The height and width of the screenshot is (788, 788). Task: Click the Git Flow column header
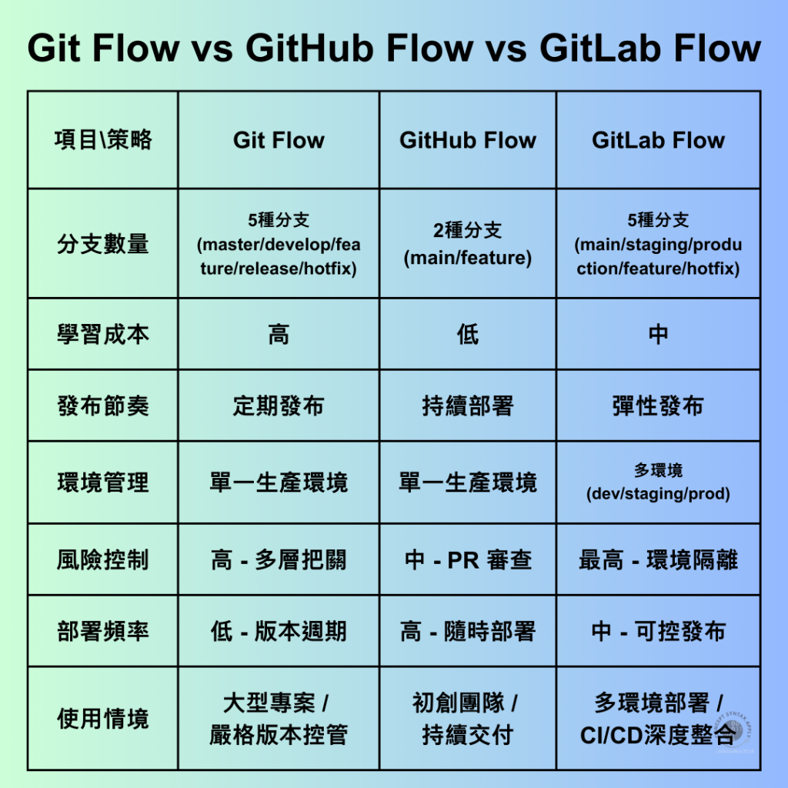tap(279, 140)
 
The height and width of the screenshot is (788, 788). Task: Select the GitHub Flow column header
tap(468, 140)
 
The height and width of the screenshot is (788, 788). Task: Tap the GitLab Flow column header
tap(658, 140)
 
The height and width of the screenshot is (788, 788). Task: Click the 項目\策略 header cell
tap(103, 140)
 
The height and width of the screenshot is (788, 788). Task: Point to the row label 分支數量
tap(103, 244)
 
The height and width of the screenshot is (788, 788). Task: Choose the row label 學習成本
tap(103, 334)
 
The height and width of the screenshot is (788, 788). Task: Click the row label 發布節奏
tap(103, 406)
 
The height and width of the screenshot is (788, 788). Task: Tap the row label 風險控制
tap(103, 559)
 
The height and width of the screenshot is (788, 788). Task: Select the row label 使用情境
tap(103, 719)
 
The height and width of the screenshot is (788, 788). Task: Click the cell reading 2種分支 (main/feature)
tap(468, 244)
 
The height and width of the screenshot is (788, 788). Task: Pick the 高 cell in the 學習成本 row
tap(279, 334)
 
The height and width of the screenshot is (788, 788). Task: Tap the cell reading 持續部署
tap(468, 406)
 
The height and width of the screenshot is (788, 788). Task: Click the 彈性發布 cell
tap(658, 406)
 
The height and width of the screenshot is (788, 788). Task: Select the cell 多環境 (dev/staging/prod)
tap(658, 482)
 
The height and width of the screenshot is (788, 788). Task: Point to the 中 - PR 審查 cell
tap(468, 559)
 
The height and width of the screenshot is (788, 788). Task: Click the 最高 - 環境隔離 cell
tap(658, 559)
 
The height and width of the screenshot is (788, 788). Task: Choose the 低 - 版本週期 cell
tap(279, 632)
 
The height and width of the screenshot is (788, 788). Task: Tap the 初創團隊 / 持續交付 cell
tap(468, 719)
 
